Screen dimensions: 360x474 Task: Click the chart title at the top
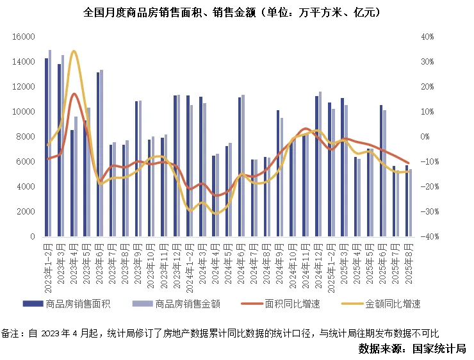(237, 12)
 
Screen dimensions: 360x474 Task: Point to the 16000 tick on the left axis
(23, 37)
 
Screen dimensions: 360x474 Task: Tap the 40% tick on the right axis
(428, 37)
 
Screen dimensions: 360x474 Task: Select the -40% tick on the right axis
(427, 237)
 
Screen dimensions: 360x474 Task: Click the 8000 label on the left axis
(25, 137)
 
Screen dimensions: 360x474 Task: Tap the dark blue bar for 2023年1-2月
(46, 147)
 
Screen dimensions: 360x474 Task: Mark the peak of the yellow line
(74, 51)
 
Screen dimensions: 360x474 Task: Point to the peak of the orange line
(74, 94)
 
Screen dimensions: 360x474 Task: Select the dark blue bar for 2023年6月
(98, 154)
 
